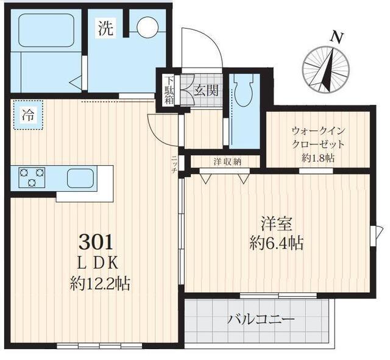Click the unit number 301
pos(96,242)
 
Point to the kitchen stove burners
pos(31,177)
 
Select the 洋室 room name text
pos(275,224)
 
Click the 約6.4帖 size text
pos(275,243)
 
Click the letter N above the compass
pos(335,37)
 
